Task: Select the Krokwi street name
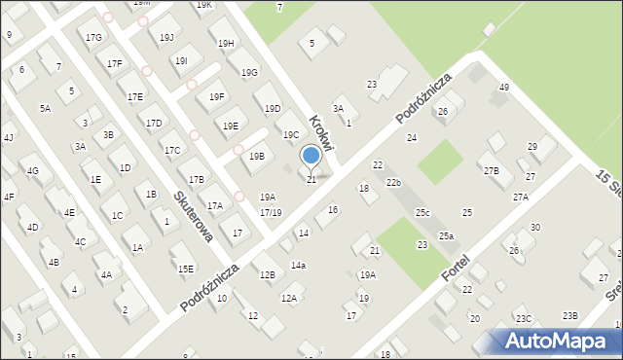322,134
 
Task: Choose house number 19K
203,5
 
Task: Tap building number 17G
93,37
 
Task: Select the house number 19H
226,44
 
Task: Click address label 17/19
271,212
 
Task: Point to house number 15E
185,269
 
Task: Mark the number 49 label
503,88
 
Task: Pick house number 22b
392,183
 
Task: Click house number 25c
422,212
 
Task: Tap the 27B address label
491,171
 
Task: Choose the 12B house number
267,275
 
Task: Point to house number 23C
524,319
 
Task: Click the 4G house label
32,172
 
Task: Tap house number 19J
167,38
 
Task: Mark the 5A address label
45,109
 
